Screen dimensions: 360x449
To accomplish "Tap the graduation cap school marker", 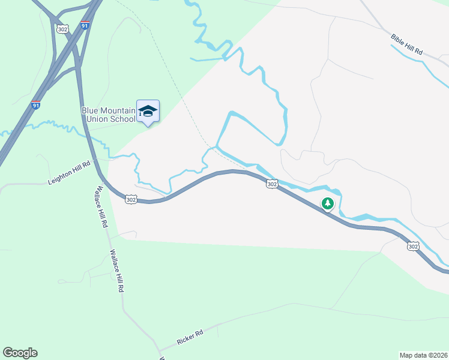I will pos(148,112).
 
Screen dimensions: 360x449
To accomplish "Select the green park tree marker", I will pos(327,204).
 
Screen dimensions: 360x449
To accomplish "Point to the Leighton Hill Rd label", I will pos(69,172).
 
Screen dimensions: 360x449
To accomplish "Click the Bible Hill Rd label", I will pos(407,46).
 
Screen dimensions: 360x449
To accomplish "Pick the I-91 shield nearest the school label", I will pos(37,106).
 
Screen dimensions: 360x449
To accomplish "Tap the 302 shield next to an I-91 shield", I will pos(62,29).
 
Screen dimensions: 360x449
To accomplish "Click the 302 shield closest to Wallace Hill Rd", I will pos(131,199).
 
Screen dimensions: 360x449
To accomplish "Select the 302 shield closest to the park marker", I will pos(272,184).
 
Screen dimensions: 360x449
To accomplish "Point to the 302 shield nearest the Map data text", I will pos(412,246).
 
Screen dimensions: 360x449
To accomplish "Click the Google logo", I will pos(20,352).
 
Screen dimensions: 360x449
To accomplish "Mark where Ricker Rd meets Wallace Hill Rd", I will pos(158,350).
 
